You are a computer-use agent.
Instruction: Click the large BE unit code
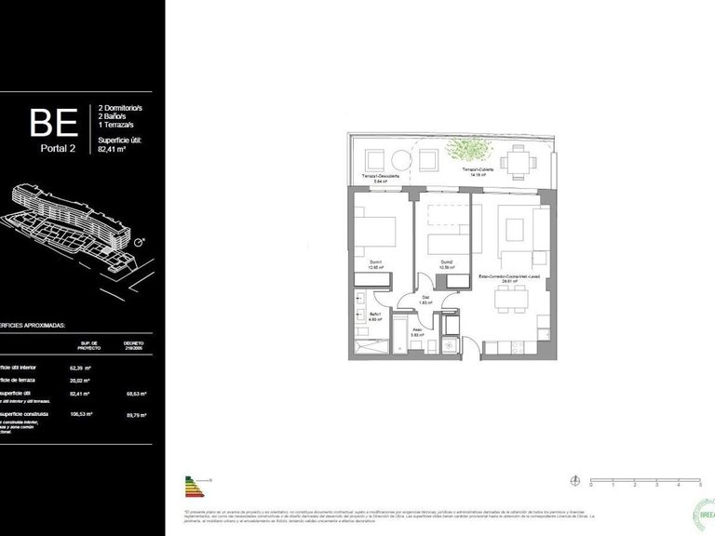[55, 123]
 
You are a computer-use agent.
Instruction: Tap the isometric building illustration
[70, 218]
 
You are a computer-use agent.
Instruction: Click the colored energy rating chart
[193, 487]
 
